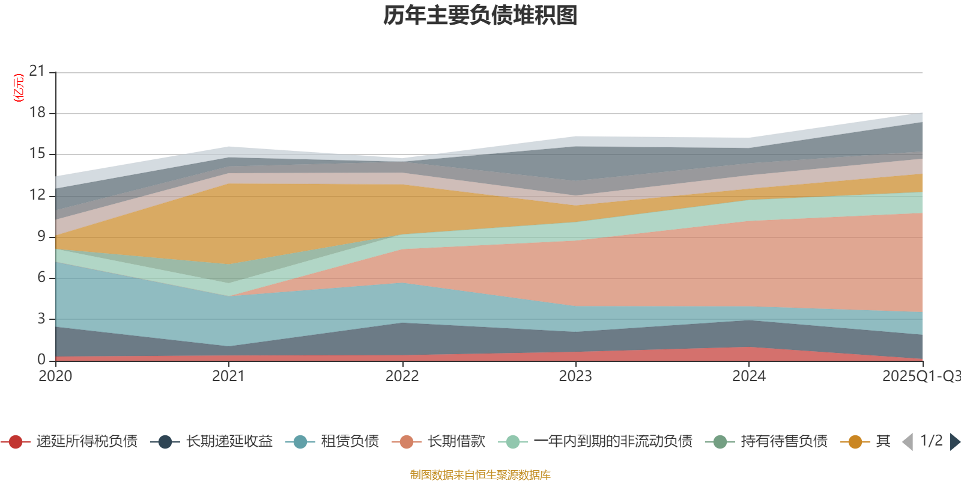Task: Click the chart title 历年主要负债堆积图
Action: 480,16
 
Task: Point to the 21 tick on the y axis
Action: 37,71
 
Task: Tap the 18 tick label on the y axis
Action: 37,112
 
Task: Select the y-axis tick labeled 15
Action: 37,153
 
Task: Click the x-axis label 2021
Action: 228,376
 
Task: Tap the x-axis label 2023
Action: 575,376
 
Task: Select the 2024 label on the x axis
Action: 748,376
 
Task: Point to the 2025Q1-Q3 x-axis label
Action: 920,376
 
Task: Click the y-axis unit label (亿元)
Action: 19,88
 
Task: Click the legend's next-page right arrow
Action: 954,442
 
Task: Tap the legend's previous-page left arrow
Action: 908,442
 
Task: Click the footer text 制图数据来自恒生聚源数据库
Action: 480,475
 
